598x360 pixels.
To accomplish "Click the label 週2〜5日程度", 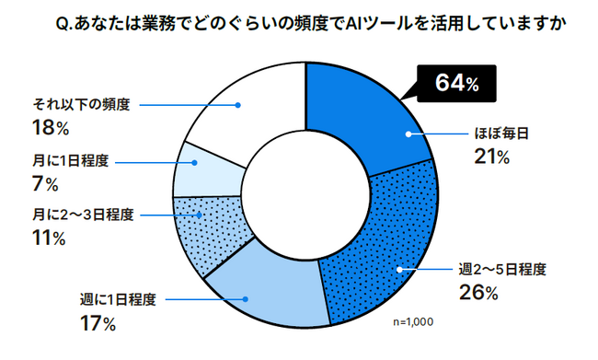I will pos(502,270).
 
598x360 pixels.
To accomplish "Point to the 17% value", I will pos(98,323).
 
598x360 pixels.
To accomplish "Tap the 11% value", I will pos(45,239).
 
